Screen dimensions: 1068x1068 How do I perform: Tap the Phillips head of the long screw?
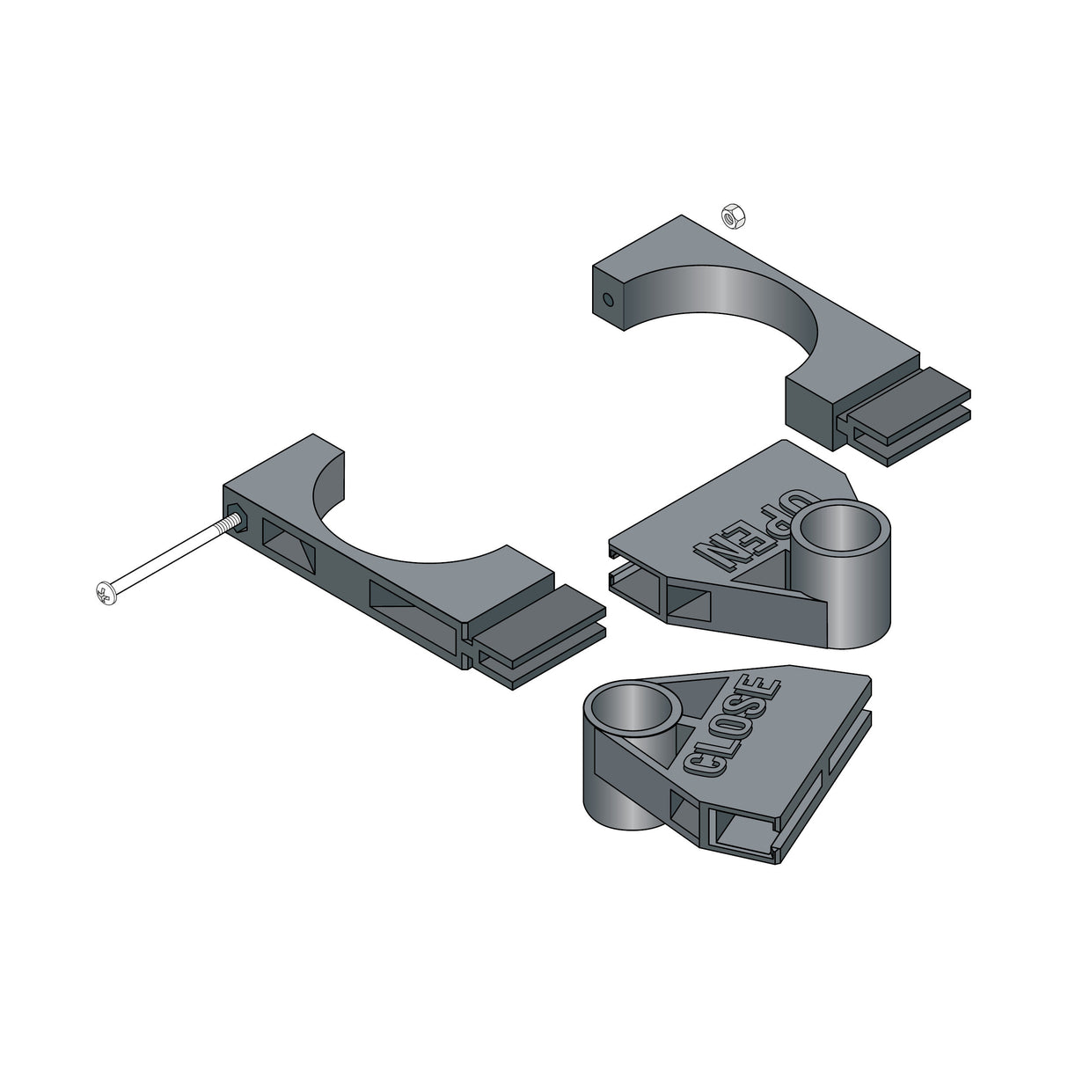pyautogui.click(x=103, y=594)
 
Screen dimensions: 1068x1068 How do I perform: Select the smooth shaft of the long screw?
pyautogui.click(x=167, y=558)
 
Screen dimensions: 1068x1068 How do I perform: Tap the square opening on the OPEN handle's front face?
pyautogui.click(x=688, y=603)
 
